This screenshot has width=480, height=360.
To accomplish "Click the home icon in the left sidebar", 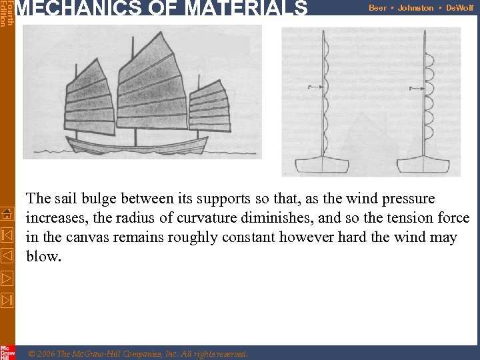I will tap(7, 213).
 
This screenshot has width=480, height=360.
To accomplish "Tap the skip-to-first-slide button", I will tap(7, 235).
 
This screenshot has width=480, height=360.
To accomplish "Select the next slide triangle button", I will tap(7, 277).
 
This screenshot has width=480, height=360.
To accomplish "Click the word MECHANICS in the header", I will tap(68, 9).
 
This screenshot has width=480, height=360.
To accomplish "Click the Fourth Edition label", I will tap(7, 13).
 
